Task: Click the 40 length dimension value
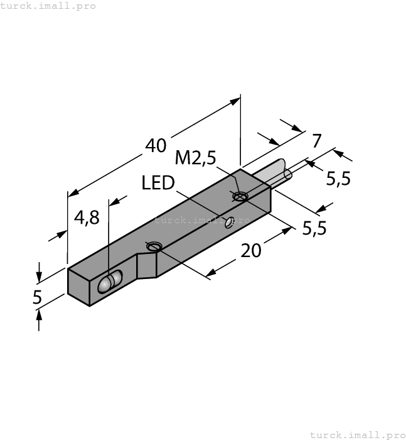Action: (x=156, y=145)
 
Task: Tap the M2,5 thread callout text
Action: (x=196, y=157)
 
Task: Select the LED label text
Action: (x=158, y=183)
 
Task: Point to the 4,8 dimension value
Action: (x=87, y=217)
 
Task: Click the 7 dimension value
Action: (x=317, y=141)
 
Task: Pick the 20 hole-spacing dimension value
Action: (x=251, y=250)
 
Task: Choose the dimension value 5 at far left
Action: (x=37, y=297)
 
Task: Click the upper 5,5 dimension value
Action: (x=338, y=179)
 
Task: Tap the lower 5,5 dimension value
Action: (x=314, y=228)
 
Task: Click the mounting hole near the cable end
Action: (x=240, y=196)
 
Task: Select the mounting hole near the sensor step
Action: (x=154, y=246)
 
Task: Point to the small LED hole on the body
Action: (x=230, y=222)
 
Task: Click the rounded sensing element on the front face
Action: (x=110, y=282)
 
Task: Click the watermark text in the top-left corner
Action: (x=48, y=6)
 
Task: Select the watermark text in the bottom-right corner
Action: (x=358, y=435)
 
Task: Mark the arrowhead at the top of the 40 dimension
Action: (x=235, y=101)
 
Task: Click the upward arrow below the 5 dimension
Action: (x=39, y=320)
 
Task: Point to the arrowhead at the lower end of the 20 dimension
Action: (x=212, y=272)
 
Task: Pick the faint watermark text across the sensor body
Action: (x=202, y=220)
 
